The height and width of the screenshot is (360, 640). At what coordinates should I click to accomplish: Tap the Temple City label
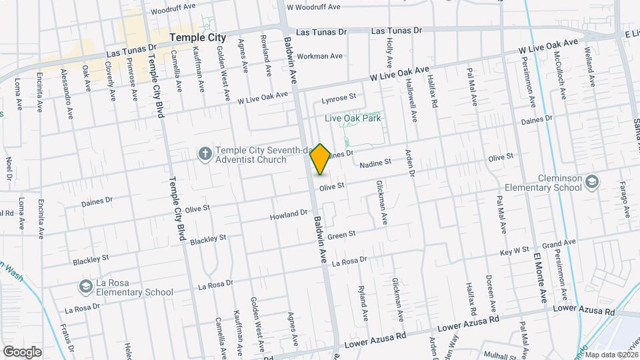(x=198, y=38)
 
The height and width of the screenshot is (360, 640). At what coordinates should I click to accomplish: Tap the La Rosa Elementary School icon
(x=85, y=287)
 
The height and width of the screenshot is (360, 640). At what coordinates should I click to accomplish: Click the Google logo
(x=22, y=351)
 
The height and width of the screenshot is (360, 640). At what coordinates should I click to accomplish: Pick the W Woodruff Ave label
(x=313, y=7)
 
